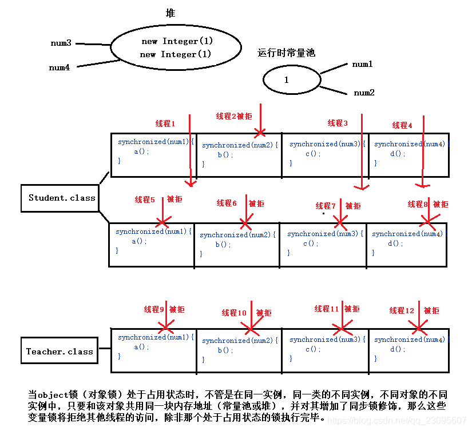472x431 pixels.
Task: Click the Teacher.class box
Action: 60,352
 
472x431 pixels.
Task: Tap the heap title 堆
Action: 170,13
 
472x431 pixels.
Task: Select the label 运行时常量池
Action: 286,53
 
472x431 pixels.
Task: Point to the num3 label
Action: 61,43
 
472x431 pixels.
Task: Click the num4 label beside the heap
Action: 60,67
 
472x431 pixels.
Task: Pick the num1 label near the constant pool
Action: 362,65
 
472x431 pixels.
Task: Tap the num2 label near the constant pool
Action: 364,93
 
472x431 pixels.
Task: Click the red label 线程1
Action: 165,123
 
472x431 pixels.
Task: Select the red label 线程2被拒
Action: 233,116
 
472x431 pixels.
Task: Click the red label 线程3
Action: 338,123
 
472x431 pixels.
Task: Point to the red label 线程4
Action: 402,125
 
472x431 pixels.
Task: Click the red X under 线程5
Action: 163,221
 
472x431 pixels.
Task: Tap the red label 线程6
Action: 227,203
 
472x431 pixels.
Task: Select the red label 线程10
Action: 234,313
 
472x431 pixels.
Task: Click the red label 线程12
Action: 402,310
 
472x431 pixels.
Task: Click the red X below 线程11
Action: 341,328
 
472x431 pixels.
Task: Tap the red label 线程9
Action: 154,309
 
